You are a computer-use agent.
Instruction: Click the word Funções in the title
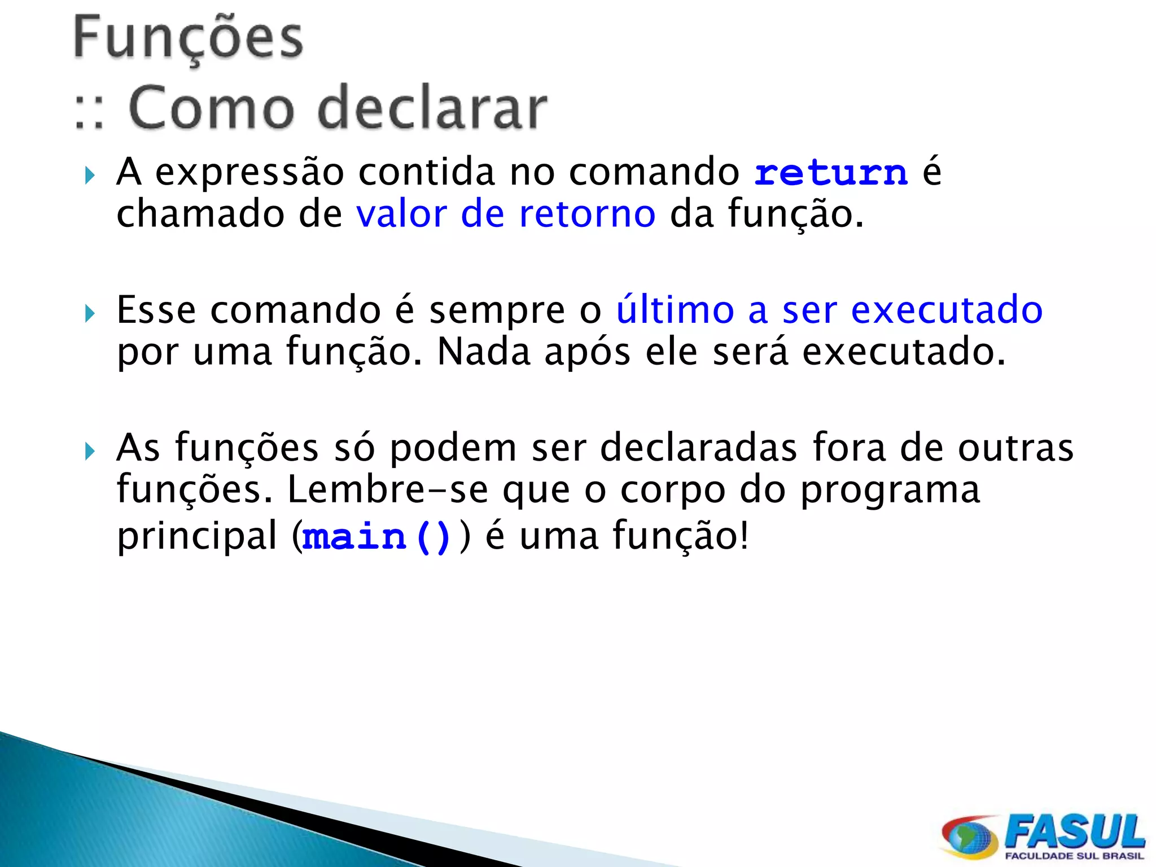(x=188, y=38)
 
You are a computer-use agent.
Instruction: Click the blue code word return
(x=831, y=173)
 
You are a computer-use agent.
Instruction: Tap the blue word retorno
(x=587, y=214)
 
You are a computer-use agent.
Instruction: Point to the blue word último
(x=675, y=310)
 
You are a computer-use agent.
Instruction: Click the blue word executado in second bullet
(x=947, y=310)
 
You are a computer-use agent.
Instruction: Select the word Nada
(x=484, y=352)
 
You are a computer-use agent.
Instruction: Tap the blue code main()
(x=376, y=537)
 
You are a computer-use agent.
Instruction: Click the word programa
(x=890, y=490)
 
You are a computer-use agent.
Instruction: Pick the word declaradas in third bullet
(x=699, y=448)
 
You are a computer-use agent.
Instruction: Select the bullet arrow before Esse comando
(x=90, y=313)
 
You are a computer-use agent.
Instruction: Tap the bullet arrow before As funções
(x=90, y=451)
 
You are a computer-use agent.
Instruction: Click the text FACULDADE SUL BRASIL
(x=1074, y=856)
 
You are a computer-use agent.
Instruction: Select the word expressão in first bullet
(x=249, y=173)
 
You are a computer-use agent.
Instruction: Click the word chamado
(x=200, y=214)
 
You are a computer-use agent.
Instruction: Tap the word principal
(x=196, y=537)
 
